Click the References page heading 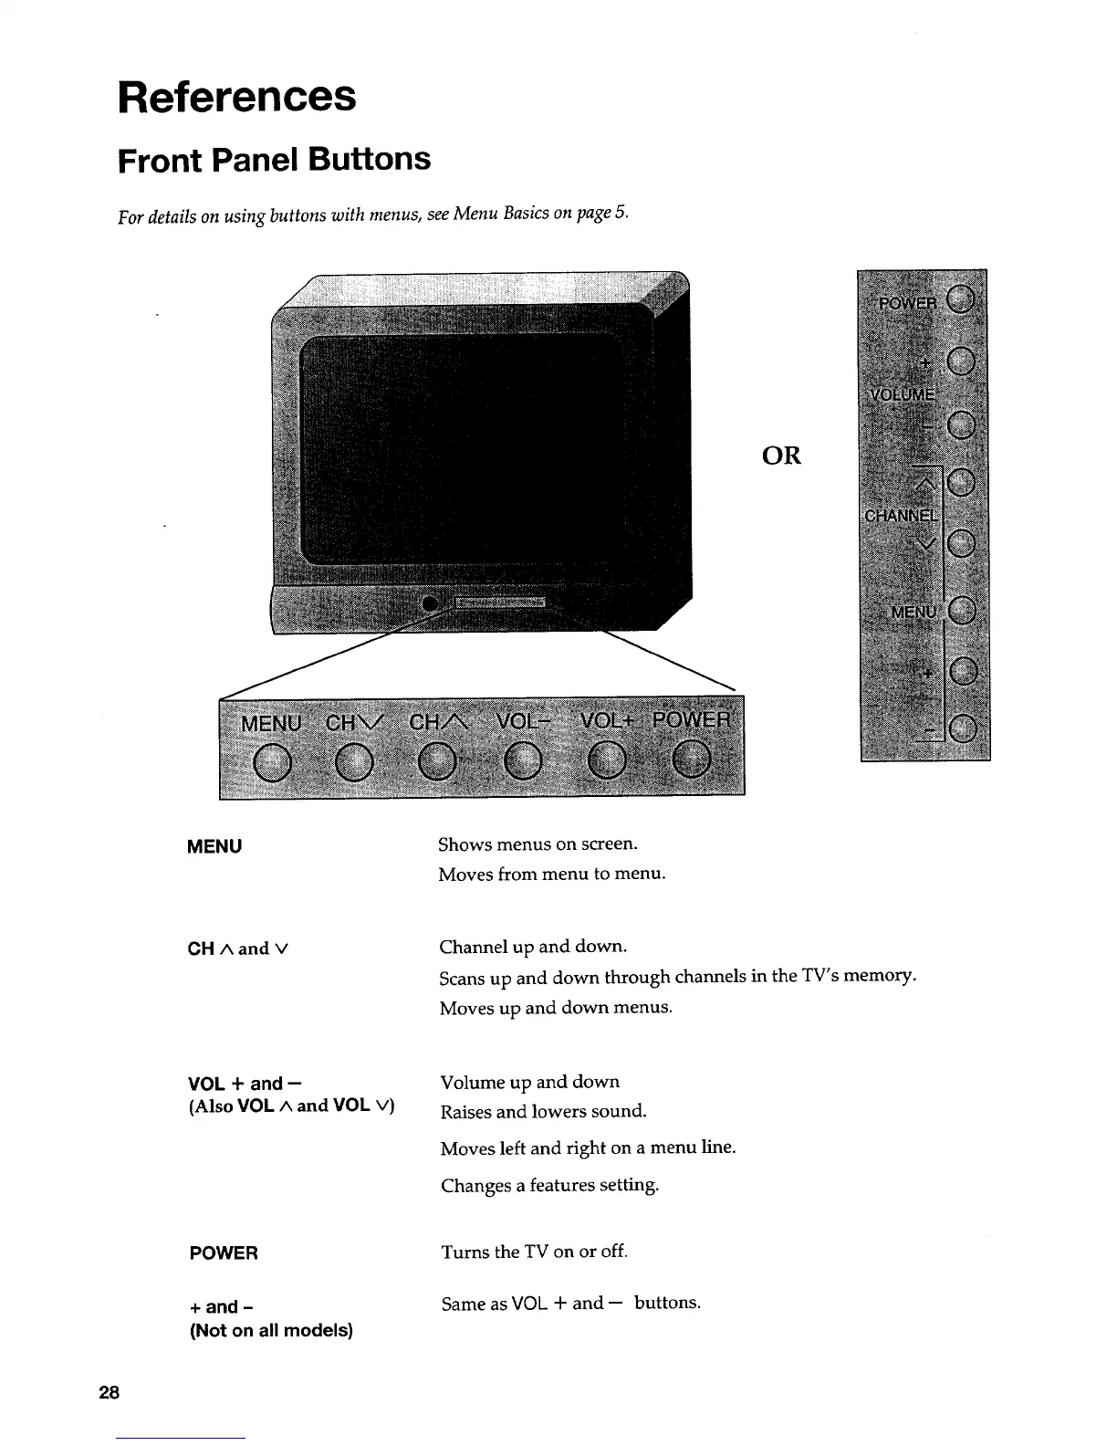click(236, 96)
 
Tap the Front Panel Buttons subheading click(274, 160)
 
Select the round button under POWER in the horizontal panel click(692, 760)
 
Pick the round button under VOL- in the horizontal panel click(523, 762)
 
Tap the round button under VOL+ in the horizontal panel click(606, 762)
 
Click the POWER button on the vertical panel click(960, 299)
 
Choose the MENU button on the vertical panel click(962, 612)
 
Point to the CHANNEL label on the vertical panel click(900, 515)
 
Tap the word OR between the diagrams click(780, 456)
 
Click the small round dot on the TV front click(430, 604)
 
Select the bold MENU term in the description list click(214, 846)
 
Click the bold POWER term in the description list click(224, 1253)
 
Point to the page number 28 click(109, 1393)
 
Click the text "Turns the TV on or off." click(535, 1252)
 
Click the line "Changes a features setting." click(549, 1186)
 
